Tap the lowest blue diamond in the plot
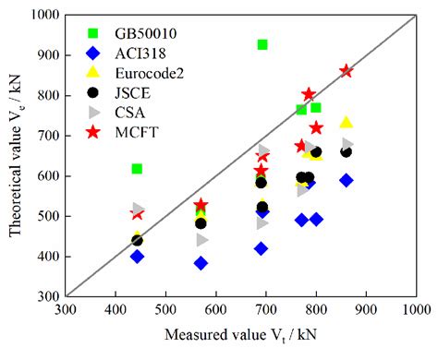click(x=201, y=263)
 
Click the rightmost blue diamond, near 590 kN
click(x=346, y=180)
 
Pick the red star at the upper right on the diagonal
click(x=346, y=71)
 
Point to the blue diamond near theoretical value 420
click(x=262, y=248)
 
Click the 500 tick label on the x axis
click(x=165, y=309)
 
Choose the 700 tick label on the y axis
click(x=46, y=136)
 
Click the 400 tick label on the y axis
click(x=46, y=257)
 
